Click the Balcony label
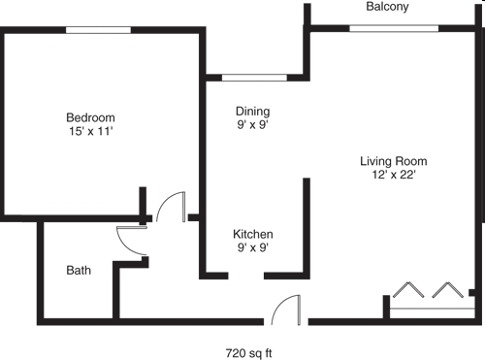click(387, 7)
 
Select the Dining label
click(253, 111)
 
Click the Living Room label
click(393, 161)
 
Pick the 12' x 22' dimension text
click(393, 176)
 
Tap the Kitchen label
click(252, 235)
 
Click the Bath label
click(79, 270)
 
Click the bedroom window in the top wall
click(98, 30)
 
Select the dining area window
click(254, 77)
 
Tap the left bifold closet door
click(408, 293)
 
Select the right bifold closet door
click(447, 293)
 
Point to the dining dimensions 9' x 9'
click(253, 124)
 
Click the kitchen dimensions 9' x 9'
click(252, 248)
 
